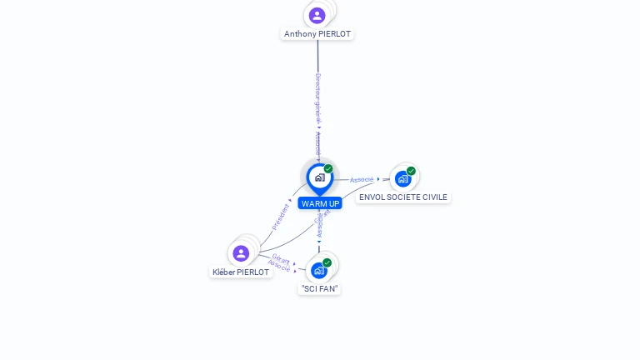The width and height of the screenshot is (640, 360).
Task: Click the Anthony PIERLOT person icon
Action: click(317, 15)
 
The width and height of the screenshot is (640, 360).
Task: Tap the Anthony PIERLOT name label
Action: click(317, 34)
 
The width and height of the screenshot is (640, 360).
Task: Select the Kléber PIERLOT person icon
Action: click(241, 252)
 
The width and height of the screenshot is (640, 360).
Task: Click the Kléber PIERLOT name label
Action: click(241, 272)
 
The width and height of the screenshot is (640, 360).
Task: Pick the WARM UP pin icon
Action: click(319, 177)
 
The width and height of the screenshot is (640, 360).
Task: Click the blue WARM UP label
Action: click(320, 203)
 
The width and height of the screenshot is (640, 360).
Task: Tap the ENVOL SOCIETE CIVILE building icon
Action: click(403, 178)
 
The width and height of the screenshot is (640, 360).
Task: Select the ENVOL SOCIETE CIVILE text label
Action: click(403, 197)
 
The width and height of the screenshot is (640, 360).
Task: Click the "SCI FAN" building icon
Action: click(318, 270)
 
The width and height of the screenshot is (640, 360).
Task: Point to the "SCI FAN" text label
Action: click(320, 288)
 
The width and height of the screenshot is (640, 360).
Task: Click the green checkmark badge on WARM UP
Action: click(328, 169)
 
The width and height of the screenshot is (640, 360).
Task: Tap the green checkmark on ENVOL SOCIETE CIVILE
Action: click(411, 171)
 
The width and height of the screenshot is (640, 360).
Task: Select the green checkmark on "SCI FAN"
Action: click(327, 262)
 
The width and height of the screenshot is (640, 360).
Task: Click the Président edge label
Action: click(281, 216)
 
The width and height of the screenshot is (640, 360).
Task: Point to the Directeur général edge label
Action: click(317, 98)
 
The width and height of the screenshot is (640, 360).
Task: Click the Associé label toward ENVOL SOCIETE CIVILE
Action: click(362, 179)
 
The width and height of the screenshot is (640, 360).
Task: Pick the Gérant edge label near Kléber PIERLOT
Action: click(281, 258)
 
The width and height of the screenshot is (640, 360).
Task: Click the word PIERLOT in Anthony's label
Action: click(335, 34)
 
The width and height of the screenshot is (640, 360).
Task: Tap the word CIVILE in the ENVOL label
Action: click(433, 197)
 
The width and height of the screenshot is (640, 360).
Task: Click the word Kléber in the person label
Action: click(224, 272)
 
